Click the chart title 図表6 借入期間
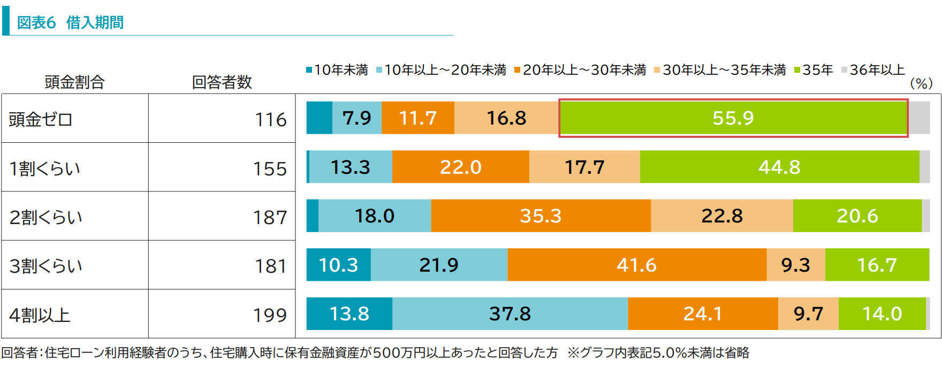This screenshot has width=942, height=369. (x=70, y=22)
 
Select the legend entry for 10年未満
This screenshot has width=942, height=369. (x=337, y=70)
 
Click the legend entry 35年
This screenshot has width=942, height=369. (x=814, y=70)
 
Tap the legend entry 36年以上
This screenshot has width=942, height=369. (x=873, y=70)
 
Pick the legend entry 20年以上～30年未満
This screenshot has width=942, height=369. (x=580, y=70)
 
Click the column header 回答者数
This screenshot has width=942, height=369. (x=222, y=82)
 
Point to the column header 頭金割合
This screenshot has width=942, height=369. (x=74, y=82)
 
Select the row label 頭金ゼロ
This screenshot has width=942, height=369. (x=41, y=119)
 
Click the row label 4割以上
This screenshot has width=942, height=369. (x=40, y=315)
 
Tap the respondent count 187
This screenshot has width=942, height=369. (x=270, y=218)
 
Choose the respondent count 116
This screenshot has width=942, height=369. (x=270, y=119)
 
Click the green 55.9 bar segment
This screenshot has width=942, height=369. (x=733, y=118)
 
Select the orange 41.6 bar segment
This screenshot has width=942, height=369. (x=636, y=265)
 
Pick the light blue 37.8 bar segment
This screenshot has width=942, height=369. (x=510, y=314)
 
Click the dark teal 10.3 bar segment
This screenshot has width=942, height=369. (x=338, y=265)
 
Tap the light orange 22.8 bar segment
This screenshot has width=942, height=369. (x=721, y=216)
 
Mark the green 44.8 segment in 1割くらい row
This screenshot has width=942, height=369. (x=779, y=167)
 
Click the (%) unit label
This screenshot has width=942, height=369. (x=921, y=83)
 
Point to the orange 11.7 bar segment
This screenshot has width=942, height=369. (x=417, y=118)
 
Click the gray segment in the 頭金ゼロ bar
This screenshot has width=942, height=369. (x=920, y=118)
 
